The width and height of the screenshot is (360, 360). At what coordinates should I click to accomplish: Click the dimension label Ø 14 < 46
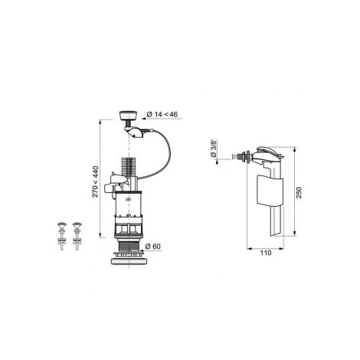tap(162, 114)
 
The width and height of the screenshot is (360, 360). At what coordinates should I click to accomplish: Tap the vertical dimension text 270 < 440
tap(95, 182)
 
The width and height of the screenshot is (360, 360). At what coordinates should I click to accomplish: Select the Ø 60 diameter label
tap(152, 247)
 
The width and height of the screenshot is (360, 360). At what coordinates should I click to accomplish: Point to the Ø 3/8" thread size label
tap(214, 148)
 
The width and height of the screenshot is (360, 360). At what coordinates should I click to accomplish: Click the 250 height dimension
tap(299, 192)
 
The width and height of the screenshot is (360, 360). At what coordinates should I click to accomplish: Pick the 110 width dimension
tap(266, 253)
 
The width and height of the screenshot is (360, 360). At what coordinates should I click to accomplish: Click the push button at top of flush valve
tap(128, 116)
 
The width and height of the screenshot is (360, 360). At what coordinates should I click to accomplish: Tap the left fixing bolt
tap(62, 236)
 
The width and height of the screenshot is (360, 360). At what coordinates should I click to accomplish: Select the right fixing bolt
tap(77, 236)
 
